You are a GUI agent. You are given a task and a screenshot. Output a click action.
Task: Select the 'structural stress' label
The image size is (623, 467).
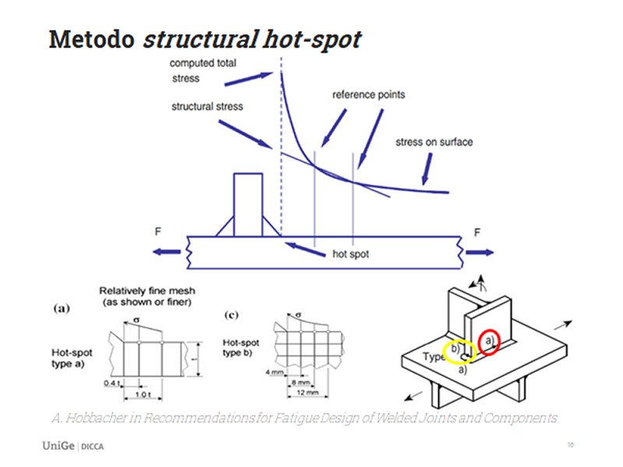tap(207, 106)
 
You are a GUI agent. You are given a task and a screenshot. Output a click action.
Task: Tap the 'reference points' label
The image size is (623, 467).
tap(368, 95)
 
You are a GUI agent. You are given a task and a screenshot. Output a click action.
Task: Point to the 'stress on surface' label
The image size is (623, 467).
tap(434, 142)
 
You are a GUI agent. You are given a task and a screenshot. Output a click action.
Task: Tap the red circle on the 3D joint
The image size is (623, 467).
tap(489, 342)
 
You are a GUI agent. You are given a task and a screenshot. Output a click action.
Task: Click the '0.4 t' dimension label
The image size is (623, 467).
tap(112, 383)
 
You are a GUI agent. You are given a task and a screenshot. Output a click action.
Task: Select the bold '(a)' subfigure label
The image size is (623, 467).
tap(62, 308)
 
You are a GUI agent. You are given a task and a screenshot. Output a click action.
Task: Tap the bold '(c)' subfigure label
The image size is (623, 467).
tap(231, 314)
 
